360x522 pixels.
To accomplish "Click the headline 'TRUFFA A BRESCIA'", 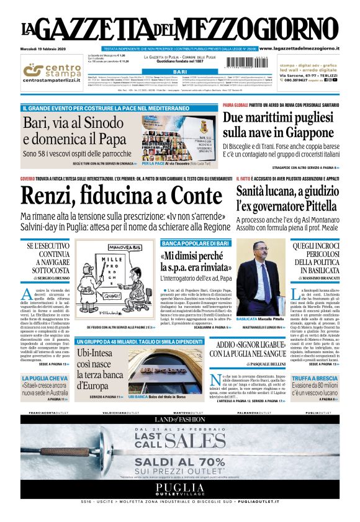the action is click(x=315, y=378).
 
